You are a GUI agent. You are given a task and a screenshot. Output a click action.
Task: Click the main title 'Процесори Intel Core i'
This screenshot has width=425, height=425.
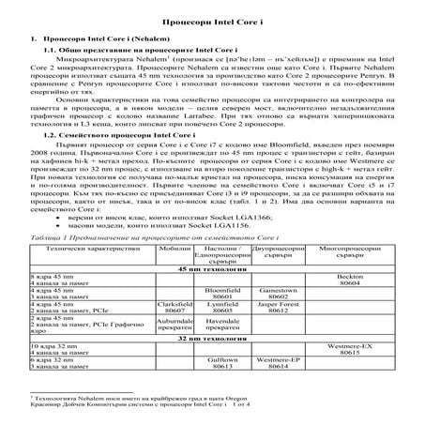pyautogui.click(x=212, y=19)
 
